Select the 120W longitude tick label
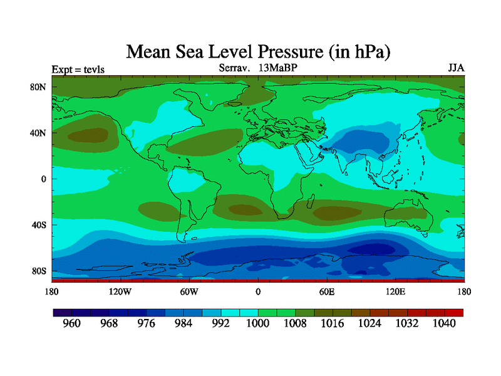[x=120, y=291]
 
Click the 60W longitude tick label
[x=189, y=291]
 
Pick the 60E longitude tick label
[x=326, y=291]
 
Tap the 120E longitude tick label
[x=395, y=291]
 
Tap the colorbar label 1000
[x=258, y=324]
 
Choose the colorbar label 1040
[x=445, y=324]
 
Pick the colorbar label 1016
[x=333, y=324]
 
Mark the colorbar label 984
[x=184, y=324]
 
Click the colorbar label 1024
[x=370, y=324]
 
